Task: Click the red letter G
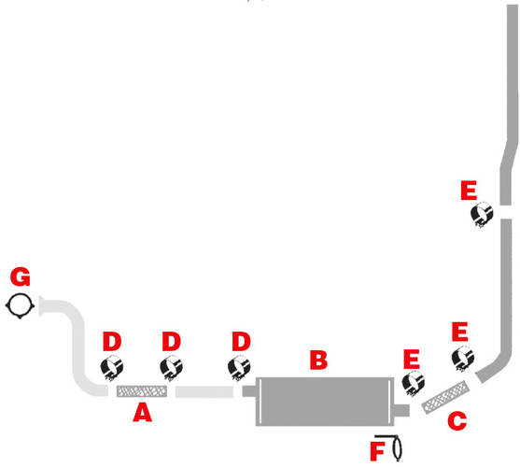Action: pos(21,276)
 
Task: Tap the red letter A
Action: pos(142,412)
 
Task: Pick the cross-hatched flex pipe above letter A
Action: pos(142,391)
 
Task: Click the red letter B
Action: pos(318,360)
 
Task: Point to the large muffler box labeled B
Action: pos(325,402)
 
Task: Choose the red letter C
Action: pos(457,421)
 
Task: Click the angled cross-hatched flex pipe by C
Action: pos(445,397)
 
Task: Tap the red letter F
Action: pos(377,451)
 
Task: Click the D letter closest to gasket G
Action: pos(112,341)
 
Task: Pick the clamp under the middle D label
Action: pos(171,367)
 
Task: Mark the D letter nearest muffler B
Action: pos(241,341)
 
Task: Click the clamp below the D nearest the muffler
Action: pos(239,367)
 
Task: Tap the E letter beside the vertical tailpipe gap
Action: pos(469,190)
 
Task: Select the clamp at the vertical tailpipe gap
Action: pos(482,215)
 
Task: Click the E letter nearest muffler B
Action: pos(412,360)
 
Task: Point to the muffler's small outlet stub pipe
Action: pos(402,410)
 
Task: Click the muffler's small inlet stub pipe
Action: pos(249,391)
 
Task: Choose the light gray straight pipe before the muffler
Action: pos(204,391)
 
